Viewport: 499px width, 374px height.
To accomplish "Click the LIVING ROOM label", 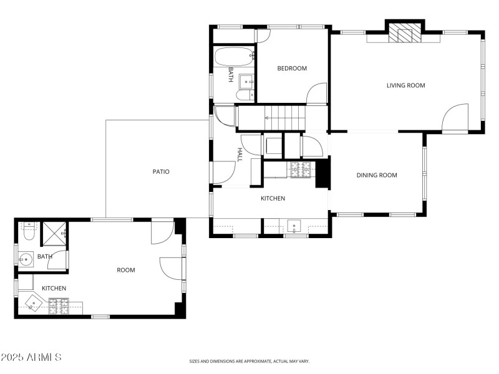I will click(405, 85).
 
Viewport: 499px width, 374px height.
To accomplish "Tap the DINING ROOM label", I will click(377, 175).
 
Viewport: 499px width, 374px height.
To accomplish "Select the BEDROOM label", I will click(292, 69).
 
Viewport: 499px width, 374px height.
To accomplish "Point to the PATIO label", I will click(161, 171).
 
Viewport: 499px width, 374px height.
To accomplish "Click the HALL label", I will click(240, 155).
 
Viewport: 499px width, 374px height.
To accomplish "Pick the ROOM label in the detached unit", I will click(126, 270).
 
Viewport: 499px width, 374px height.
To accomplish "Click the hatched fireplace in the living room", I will click(405, 35).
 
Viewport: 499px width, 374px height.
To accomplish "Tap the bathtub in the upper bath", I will click(234, 57).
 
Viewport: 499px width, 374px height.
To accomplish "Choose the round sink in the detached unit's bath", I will click(26, 259).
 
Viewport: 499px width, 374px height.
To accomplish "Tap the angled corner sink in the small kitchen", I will click(32, 303).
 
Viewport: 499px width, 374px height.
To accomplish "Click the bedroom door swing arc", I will click(317, 93).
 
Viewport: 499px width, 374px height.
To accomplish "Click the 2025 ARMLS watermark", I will click(31, 357).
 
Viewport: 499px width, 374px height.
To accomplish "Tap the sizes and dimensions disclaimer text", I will click(249, 361).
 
